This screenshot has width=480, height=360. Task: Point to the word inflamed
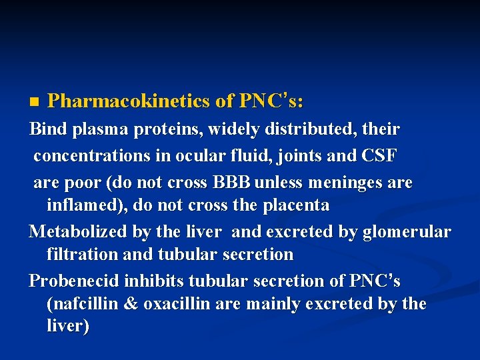pos(83,205)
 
